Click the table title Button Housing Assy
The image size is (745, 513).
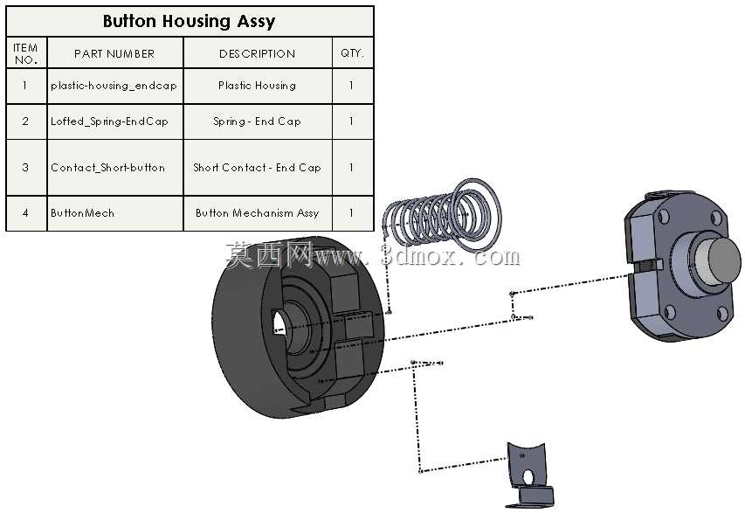pos(190,21)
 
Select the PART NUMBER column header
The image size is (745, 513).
pos(114,53)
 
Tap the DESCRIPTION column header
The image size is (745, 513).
pos(257,53)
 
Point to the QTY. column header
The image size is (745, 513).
pos(352,53)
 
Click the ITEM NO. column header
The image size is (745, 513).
pos(25,53)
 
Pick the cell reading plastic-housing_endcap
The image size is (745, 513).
pos(114,86)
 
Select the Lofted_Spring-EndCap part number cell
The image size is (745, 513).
pos(109,121)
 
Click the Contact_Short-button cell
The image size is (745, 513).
pos(107,167)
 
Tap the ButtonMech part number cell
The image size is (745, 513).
pos(82,213)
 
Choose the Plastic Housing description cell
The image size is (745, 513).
pos(257,86)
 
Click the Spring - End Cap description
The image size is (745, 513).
pos(257,121)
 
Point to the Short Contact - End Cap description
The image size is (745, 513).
pos(257,167)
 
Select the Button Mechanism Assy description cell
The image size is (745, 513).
pos(257,213)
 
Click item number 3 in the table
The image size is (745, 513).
pos(25,167)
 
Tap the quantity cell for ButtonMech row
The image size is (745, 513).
pos(352,213)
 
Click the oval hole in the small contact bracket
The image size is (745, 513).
pos(528,477)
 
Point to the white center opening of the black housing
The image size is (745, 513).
pos(278,323)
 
